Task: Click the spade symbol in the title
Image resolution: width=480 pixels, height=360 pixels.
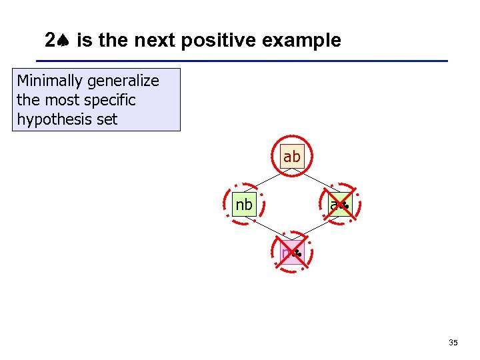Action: click(x=65, y=41)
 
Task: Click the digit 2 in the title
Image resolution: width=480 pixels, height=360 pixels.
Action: click(x=51, y=41)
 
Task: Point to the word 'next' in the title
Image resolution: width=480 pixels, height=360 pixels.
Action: click(x=155, y=41)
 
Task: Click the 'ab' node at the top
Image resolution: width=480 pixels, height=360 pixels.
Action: click(x=291, y=157)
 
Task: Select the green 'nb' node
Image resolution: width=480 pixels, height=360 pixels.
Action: click(x=244, y=205)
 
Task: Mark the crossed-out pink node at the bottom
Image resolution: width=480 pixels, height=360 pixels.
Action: click(x=292, y=253)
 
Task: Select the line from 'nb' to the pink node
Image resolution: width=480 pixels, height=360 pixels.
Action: click(x=267, y=229)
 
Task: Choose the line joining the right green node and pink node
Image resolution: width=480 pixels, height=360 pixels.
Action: click(x=317, y=229)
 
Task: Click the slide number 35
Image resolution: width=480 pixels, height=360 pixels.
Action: click(x=453, y=343)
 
